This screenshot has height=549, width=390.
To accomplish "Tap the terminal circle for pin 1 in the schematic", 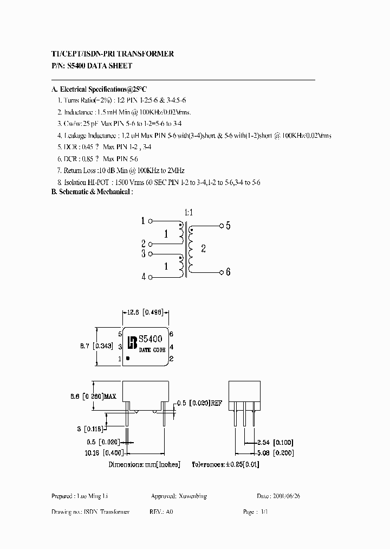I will [151, 221].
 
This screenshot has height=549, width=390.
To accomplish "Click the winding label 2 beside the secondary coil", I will [204, 248].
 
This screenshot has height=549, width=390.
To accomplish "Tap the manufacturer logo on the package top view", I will [132, 343].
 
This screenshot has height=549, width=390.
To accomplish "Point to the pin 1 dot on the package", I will [128, 358].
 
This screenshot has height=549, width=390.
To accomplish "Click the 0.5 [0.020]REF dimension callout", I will [201, 403].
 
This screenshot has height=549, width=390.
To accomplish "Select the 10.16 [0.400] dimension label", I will [105, 451].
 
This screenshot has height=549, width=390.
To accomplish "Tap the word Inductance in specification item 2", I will [79, 111].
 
